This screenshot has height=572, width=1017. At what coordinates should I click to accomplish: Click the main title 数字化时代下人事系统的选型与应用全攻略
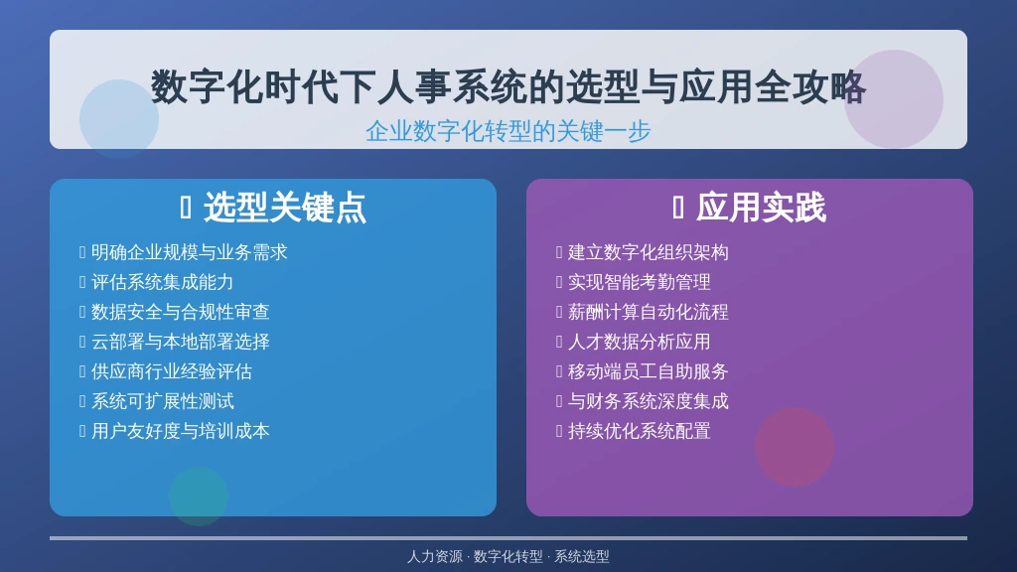[508, 87]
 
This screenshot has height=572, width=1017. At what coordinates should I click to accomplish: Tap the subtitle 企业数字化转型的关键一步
[508, 131]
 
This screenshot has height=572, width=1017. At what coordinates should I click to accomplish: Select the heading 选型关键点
[284, 209]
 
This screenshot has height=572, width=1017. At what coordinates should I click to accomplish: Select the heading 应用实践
[760, 209]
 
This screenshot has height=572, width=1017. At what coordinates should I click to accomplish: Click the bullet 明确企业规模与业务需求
[189, 253]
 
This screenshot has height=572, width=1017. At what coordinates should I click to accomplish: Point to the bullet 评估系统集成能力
[162, 283]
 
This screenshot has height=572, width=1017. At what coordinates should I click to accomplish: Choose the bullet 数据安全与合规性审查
[180, 313]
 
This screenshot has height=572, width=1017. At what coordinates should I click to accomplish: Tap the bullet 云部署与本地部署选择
[180, 343]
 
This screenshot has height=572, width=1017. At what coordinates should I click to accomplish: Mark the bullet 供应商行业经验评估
[171, 372]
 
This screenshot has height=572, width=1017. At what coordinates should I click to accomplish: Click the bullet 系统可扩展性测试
[162, 402]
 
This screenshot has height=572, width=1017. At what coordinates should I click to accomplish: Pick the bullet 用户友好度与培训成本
[180, 432]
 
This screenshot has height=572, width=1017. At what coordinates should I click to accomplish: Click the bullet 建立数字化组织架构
[648, 253]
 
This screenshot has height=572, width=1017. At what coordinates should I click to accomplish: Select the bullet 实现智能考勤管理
[639, 283]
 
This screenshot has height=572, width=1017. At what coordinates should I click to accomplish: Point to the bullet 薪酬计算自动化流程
[648, 313]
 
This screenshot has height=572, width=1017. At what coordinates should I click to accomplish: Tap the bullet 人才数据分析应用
[639, 343]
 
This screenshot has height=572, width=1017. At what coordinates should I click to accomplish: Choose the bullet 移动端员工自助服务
[648, 372]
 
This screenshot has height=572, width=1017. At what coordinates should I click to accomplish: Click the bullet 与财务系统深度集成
[648, 402]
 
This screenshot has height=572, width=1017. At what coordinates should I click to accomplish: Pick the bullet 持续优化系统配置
[639, 432]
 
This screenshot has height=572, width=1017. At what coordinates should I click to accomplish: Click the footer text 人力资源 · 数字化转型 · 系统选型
[508, 557]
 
